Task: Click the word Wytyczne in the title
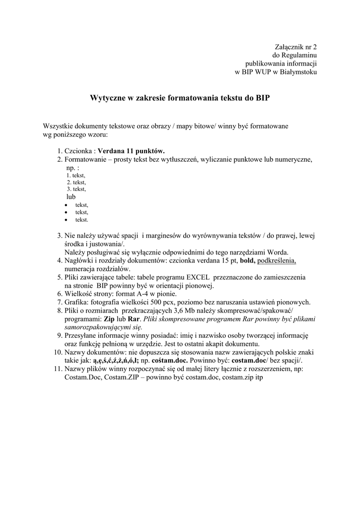pyautogui.click(x=105, y=98)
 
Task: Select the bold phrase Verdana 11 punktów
pyautogui.click(x=131, y=151)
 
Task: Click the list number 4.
pyautogui.click(x=59, y=260)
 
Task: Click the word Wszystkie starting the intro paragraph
pyautogui.click(x=59, y=126)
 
